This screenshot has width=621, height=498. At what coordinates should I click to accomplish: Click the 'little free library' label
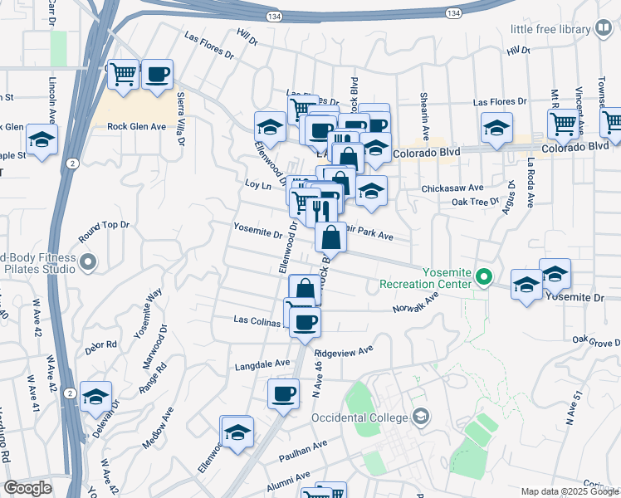(x=549, y=29)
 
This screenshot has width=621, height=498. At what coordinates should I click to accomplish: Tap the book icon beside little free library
(x=604, y=29)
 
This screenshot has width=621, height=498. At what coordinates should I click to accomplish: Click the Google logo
(x=27, y=488)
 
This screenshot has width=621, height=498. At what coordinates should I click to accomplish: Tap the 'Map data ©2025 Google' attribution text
(x=570, y=491)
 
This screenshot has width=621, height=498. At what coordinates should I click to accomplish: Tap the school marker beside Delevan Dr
(x=96, y=398)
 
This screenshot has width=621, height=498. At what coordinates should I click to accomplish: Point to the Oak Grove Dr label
(x=596, y=339)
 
